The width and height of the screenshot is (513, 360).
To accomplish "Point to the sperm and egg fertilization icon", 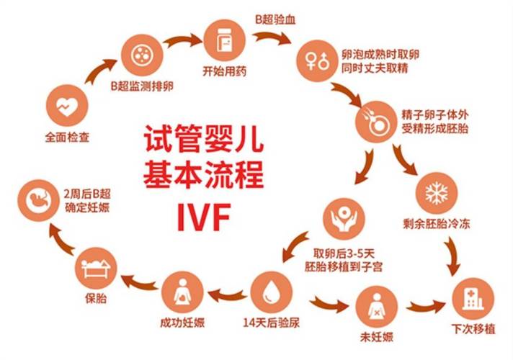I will pos(376,124).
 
